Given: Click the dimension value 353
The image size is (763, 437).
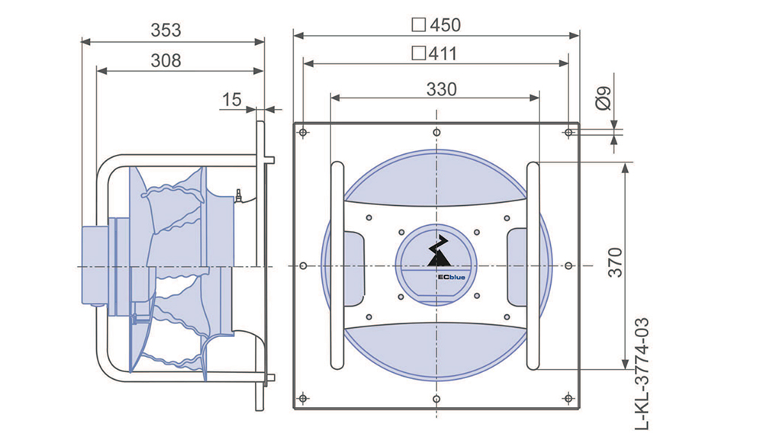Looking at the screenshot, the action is (x=166, y=31).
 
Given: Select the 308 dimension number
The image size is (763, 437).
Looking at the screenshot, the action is (x=166, y=61).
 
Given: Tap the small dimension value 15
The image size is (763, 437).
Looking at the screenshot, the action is (x=232, y=100).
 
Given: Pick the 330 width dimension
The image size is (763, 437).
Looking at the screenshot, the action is (x=442, y=89).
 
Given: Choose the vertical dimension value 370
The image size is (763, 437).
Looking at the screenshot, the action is (x=616, y=263).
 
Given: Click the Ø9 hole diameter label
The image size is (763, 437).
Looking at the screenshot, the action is (x=604, y=99).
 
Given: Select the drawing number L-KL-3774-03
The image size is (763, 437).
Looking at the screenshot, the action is (x=642, y=374).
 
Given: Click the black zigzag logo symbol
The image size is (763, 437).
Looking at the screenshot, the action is (x=439, y=251).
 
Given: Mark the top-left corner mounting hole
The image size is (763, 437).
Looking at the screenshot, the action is (x=303, y=133).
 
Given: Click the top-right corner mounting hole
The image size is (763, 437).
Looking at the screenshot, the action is (x=569, y=133).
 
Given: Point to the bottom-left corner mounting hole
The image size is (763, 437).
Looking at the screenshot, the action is (x=303, y=399).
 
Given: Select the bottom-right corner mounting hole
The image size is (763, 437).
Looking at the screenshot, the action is (x=569, y=399).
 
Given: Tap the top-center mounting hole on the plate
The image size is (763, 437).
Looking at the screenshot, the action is (x=436, y=133).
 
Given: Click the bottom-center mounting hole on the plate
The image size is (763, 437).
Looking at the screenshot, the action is (x=436, y=399).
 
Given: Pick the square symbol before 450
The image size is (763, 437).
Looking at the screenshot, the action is (x=418, y=25).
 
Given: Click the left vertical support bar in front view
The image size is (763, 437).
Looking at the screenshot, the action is (x=336, y=265).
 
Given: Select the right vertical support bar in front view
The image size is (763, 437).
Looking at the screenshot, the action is (x=533, y=265).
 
